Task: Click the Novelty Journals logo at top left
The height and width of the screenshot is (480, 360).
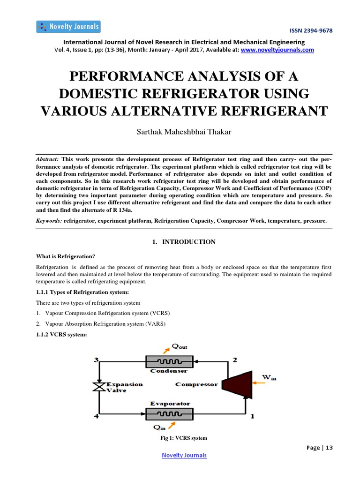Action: click(68, 27)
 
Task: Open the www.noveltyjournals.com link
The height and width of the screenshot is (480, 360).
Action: click(277, 50)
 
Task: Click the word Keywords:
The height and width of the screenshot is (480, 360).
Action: click(49, 220)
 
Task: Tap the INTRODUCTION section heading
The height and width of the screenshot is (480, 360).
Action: click(188, 242)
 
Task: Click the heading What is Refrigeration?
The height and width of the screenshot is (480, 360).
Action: click(66, 256)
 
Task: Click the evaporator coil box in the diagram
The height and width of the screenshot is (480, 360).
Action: click(169, 414)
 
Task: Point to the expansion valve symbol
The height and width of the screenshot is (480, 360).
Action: click(99, 387)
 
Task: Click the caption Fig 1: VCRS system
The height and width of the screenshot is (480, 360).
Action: click(183, 438)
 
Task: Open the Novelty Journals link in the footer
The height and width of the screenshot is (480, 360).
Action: click(184, 455)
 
